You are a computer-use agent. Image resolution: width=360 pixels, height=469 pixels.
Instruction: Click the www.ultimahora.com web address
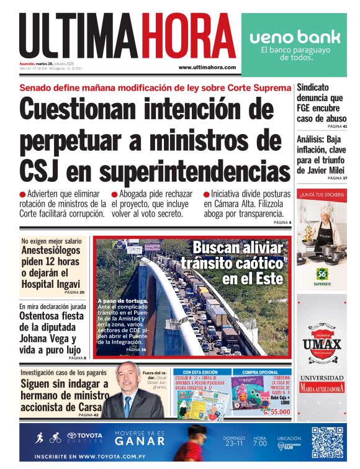(207, 67)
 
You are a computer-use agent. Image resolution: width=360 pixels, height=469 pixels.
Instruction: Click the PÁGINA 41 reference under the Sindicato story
(336, 127)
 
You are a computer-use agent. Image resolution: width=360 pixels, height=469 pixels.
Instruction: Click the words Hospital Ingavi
(52, 284)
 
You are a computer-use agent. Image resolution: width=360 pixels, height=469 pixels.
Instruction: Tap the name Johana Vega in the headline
(48, 339)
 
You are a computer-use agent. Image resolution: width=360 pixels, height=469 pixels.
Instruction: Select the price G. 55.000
(276, 411)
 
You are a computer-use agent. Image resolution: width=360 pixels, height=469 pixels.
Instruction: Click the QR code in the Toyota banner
(326, 442)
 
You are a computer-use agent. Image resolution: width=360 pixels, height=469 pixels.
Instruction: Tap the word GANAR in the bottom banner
(140, 442)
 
